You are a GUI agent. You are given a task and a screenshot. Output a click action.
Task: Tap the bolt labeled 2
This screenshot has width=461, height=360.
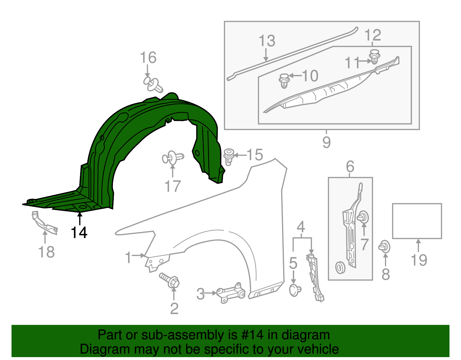click(170, 280)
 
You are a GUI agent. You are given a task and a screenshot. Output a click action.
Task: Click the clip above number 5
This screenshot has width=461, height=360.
click(295, 290)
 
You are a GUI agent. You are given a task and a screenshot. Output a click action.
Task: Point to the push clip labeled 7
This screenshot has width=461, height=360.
click(363, 217)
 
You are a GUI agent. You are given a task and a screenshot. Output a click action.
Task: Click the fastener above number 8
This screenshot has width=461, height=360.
click(385, 247)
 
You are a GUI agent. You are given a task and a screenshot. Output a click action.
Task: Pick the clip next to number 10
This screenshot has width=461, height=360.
click(284, 80)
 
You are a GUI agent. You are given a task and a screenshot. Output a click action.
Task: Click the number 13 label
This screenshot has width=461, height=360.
click(267, 41)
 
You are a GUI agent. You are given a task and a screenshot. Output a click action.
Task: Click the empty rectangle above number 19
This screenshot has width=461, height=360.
click(417, 221)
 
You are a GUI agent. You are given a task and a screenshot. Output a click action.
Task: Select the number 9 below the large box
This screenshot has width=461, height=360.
click(326, 142)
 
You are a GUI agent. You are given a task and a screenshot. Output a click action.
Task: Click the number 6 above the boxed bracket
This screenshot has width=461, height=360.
click(350, 167)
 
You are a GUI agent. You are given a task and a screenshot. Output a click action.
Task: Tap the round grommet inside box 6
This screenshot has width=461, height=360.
click(340, 268)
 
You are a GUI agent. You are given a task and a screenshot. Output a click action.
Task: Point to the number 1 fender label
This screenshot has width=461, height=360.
click(129, 258)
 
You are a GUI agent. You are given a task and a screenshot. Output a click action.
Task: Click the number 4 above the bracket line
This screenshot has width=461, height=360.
click(301, 227)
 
